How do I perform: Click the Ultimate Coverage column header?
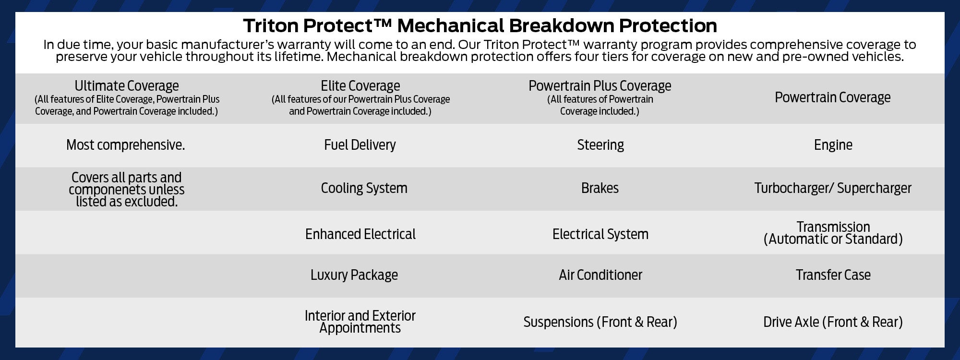tap(127, 86)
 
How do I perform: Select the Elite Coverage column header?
tap(360, 86)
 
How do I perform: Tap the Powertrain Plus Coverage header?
tap(600, 86)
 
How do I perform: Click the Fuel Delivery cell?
tap(360, 145)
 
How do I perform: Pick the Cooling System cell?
tap(364, 188)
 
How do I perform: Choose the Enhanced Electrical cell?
tap(360, 234)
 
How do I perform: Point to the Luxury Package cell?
tap(354, 275)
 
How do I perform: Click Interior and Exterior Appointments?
tap(360, 322)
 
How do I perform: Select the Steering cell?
tap(600, 145)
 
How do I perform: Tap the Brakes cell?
tap(600, 188)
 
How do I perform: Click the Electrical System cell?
tap(600, 234)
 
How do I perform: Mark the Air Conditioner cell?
tap(600, 275)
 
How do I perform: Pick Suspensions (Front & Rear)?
tap(600, 322)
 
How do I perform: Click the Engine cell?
tap(833, 145)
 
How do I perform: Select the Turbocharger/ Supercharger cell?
tap(832, 188)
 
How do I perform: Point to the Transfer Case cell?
tap(833, 275)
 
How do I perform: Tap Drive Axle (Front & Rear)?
tap(833, 322)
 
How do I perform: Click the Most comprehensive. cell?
tap(125, 145)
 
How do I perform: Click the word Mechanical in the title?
tap(450, 25)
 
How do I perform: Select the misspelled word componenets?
tap(108, 190)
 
